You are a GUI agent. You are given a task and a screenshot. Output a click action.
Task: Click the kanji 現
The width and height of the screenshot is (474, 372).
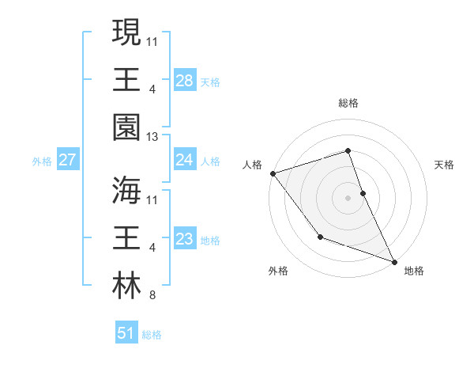pos(126,34)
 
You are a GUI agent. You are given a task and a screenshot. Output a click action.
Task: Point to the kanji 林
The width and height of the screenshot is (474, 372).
pos(126,285)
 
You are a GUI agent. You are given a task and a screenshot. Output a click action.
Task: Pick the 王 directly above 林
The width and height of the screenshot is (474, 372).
pos(126,237)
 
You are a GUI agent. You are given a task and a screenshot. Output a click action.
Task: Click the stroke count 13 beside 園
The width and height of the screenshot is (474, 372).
pos(152,137)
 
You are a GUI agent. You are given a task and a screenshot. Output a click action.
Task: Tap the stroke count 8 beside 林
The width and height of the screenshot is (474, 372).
pos(152,296)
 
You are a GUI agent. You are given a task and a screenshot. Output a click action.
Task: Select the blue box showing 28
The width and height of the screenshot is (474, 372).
pos(184,81)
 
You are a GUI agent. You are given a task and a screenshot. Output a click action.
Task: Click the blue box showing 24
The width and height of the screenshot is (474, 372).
pos(184,161)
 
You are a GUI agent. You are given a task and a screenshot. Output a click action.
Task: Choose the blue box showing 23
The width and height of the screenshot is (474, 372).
pos(184,240)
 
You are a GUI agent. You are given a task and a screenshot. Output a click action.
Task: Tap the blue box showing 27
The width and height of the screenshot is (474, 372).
pos(67,161)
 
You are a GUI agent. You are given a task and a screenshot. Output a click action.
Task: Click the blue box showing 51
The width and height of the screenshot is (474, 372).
pos(126,333)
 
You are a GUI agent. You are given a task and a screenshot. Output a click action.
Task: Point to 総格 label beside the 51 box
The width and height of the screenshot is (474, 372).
pos(152,335)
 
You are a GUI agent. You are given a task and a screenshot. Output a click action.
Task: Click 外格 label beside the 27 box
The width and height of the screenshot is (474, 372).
pos(42,161)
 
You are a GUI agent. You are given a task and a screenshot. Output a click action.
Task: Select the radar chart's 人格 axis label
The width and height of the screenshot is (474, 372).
pos(252,165)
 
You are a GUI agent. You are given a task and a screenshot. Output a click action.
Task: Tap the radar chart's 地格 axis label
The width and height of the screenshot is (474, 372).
pos(414,271)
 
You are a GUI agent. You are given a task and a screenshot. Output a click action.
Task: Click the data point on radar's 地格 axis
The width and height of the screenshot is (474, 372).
pos(394,260)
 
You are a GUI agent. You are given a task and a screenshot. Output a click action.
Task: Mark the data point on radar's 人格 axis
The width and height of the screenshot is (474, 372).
pos(273,173)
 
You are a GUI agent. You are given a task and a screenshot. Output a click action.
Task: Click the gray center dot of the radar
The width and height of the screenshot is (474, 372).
pos(348,197)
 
